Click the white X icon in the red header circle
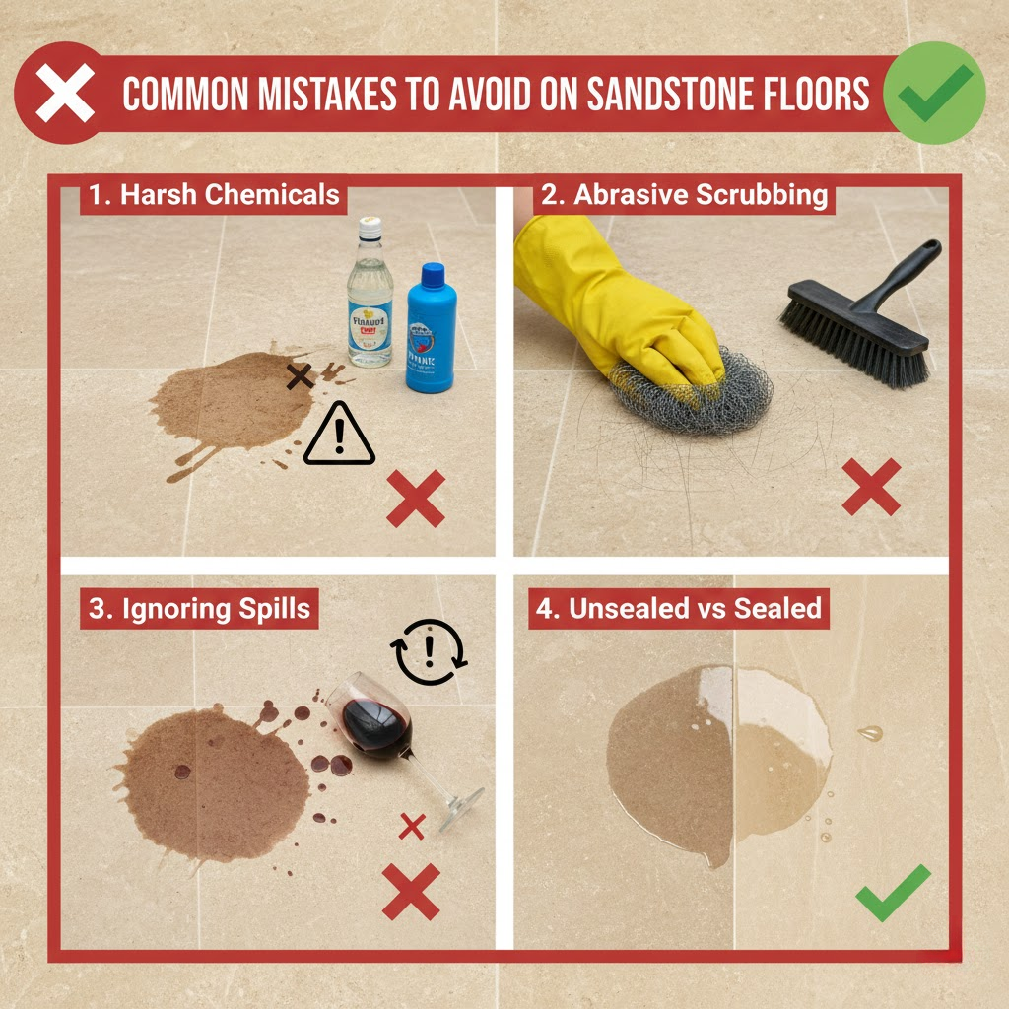[x=66, y=95]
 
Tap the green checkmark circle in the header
[x=934, y=93]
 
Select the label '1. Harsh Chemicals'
[x=214, y=194]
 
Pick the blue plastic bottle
[x=431, y=330]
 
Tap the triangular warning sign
[x=339, y=437]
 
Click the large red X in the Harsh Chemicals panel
[x=415, y=498]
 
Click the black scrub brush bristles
[x=852, y=340]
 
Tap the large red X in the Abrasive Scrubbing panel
[x=871, y=487]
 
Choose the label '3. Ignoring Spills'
[x=200, y=608]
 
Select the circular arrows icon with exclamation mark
[x=430, y=652]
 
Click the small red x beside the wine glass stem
[x=412, y=826]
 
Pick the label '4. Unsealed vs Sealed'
[x=680, y=608]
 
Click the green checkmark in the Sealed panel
[x=892, y=892]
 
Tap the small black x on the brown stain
[x=300, y=374]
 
